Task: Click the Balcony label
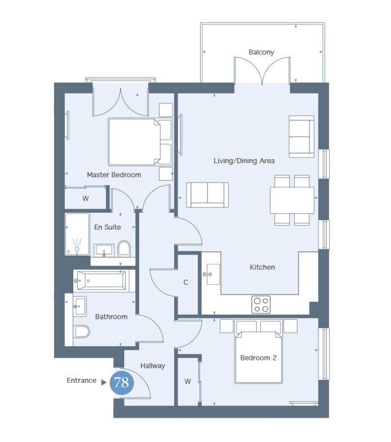pos(261,52)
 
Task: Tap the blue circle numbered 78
pos(122,383)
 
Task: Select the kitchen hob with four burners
pos(261,305)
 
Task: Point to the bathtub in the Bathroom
pos(101,281)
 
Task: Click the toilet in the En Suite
pos(124,248)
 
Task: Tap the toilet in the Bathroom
pos(81,332)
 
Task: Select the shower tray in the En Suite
pos(77,235)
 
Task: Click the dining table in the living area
pos(292,200)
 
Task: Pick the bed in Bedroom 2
pos(259,354)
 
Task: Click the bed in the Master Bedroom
pos(140,142)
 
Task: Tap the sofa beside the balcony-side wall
pos(301,137)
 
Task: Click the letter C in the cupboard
pos(185,283)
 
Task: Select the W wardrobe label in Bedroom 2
pos(188,382)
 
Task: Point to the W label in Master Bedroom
pos(86,198)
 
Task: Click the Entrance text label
pos(82,381)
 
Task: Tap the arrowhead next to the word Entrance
pos(104,382)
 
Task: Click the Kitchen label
pos(263,267)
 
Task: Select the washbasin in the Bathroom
pos(80,306)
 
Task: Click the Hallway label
pos(153,366)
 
